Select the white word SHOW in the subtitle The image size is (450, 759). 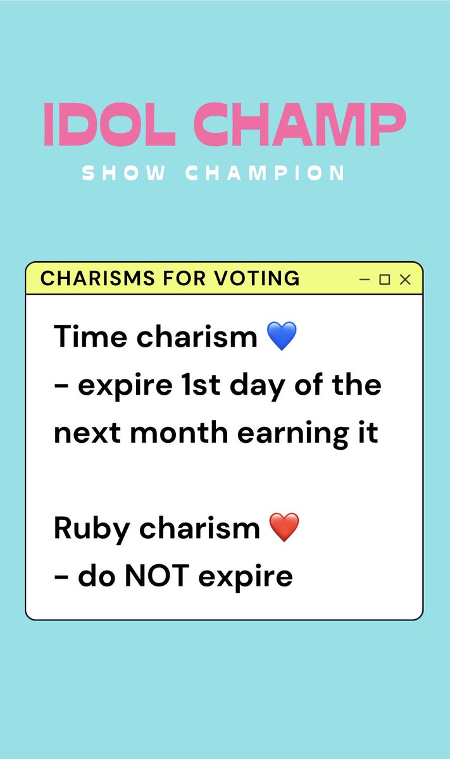[x=123, y=173]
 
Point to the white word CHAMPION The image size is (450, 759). [x=265, y=173]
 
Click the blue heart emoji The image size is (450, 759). [x=282, y=337]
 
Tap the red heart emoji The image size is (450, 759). [x=284, y=528]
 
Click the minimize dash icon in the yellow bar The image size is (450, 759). [x=364, y=279]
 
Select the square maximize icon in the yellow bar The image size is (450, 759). [x=384, y=280]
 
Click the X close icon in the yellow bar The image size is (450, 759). [x=405, y=280]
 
